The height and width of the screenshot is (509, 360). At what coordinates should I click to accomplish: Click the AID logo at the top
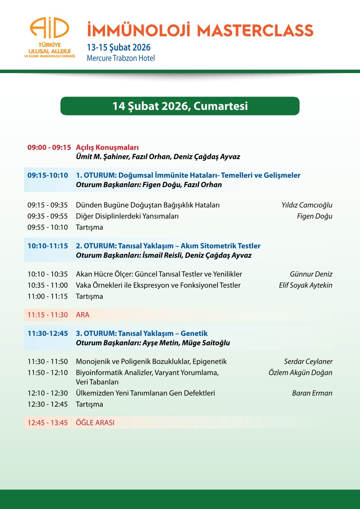(50, 38)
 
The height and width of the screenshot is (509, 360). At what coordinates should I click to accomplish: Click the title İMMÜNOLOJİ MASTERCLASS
(200, 31)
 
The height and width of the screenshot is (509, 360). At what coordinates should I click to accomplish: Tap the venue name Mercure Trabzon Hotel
(121, 58)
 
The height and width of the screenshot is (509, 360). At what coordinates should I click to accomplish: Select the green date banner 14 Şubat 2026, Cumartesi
(180, 106)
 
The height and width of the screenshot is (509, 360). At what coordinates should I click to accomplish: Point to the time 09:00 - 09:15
(49, 147)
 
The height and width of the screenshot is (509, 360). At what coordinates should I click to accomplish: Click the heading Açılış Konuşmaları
(107, 147)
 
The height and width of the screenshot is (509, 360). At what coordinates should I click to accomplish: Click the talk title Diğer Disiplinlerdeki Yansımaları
(127, 216)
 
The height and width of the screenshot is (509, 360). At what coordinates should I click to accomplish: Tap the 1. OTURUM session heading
(188, 175)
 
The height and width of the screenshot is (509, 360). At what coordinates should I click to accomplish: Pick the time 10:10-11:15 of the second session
(48, 246)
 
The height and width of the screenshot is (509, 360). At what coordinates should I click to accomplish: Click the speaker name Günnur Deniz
(311, 274)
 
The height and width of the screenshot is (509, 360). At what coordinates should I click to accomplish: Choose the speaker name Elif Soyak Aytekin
(305, 285)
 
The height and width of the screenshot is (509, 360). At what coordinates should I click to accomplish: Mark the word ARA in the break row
(83, 315)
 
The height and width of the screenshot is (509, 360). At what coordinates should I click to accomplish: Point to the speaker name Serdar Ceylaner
(308, 362)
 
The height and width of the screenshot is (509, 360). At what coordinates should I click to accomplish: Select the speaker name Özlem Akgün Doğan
(300, 373)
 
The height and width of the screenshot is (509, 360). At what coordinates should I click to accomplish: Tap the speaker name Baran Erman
(312, 393)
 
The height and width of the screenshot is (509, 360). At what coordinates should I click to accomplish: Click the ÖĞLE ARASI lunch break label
(95, 423)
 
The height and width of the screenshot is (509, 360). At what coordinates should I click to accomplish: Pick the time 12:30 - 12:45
(47, 404)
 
